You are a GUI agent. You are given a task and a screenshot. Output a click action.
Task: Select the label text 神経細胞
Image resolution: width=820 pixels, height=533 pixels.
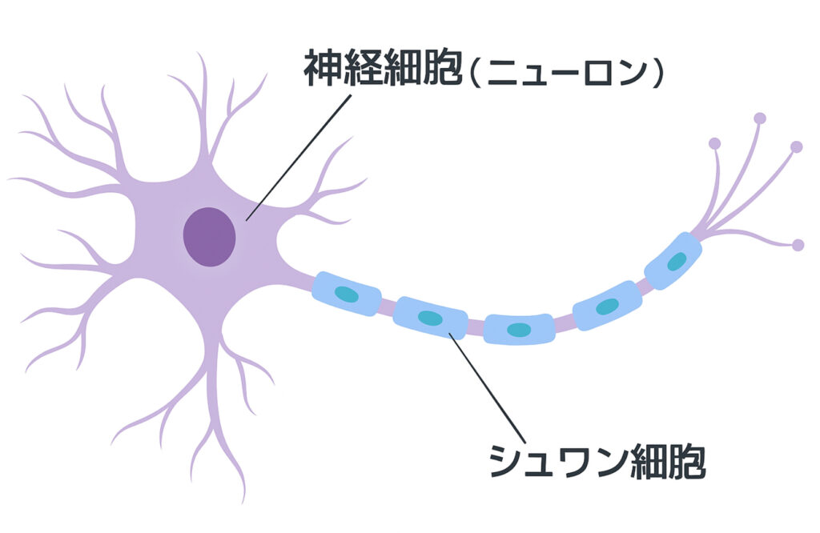click(383, 71)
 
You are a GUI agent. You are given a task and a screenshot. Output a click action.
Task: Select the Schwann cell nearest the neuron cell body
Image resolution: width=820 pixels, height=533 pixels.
click(346, 294)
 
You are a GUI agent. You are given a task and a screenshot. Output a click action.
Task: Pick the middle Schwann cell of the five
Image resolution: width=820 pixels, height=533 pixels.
click(519, 329)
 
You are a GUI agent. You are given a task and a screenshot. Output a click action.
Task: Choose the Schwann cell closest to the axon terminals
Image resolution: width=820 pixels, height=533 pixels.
click(673, 262)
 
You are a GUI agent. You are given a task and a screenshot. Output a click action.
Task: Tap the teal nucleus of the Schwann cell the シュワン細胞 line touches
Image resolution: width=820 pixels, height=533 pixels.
click(430, 318)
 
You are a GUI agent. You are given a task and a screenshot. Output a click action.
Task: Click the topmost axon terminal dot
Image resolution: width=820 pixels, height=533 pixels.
click(760, 118)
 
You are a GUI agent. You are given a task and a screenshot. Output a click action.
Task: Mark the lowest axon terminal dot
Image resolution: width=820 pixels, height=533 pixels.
click(798, 245)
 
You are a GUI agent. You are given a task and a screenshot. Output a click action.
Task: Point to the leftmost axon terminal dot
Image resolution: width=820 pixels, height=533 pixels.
click(714, 144)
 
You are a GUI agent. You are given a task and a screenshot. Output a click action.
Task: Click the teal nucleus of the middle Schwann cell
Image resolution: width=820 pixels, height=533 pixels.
click(519, 330)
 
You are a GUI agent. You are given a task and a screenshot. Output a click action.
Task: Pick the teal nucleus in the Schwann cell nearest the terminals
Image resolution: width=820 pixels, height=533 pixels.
click(676, 262)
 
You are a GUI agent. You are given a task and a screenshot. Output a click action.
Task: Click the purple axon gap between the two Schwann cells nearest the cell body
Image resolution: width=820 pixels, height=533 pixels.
click(387, 306)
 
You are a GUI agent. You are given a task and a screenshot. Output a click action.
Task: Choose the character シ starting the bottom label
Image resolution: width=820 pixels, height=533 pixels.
click(505, 462)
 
